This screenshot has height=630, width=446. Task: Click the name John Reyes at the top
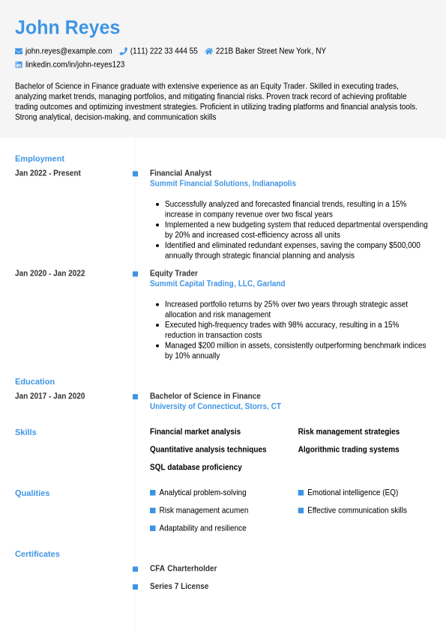pos(67,28)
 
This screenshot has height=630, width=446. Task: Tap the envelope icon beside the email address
pos(19,51)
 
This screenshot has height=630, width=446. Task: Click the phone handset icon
pos(124,51)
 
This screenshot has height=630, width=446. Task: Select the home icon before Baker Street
pos(209,51)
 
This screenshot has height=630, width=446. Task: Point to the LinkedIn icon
pos(19,64)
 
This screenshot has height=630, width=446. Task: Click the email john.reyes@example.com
pos(68,51)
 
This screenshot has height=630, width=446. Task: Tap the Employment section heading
pos(40,158)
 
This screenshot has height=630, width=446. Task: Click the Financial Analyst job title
pos(181,173)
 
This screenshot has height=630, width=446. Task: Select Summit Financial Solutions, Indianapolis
pos(223,184)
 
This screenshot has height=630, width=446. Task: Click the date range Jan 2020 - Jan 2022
pos(49,273)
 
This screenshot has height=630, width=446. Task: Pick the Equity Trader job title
pos(174,273)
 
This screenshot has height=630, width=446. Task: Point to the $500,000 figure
pos(405,245)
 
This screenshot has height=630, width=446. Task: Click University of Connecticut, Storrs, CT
pos(215,407)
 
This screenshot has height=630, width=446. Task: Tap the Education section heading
pos(34,381)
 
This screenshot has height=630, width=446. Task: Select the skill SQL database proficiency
pos(196,467)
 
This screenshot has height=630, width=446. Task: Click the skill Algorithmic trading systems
pos(349,449)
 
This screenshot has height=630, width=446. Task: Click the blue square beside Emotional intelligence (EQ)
pos(301,493)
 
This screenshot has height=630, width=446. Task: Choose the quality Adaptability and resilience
pos(202,528)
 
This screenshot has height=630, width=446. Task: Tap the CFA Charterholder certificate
pos(183,569)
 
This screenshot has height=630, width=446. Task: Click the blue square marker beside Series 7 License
pos(136,587)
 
